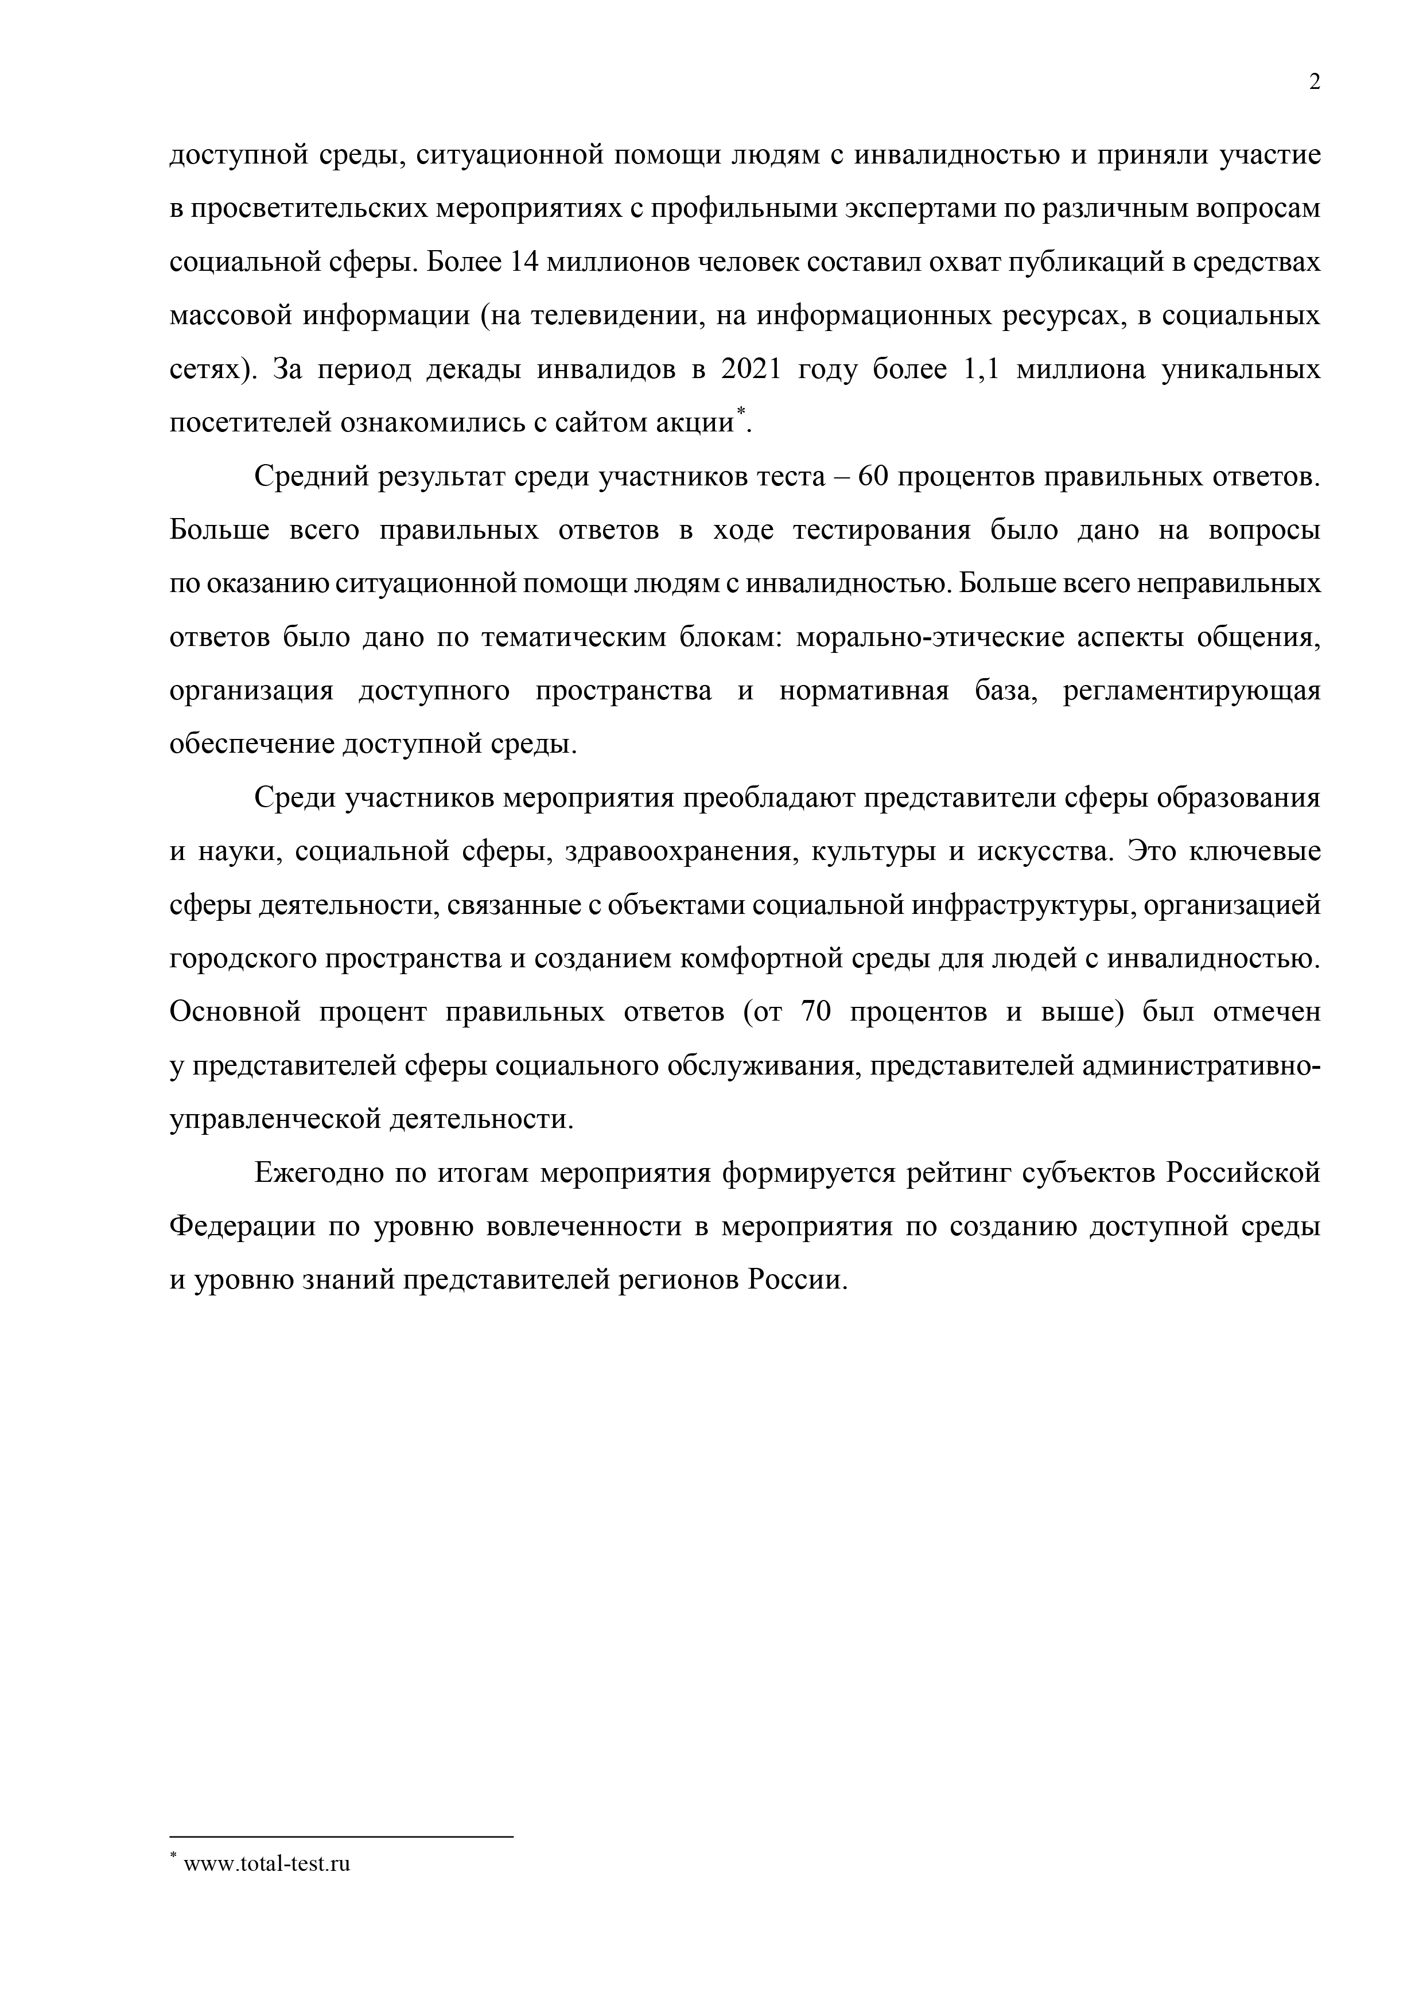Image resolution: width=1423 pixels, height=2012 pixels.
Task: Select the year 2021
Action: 749,370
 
